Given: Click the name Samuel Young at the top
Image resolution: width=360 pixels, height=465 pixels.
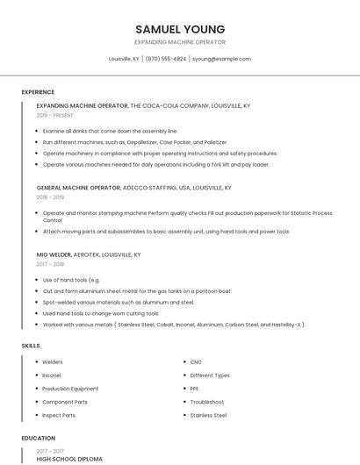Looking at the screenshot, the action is [180, 29].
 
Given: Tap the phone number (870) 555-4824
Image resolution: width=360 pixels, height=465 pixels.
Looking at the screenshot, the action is [166, 59].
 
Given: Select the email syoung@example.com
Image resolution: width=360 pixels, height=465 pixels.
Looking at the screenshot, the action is [221, 59].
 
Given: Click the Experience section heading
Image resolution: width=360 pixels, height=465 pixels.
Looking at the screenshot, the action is [38, 92].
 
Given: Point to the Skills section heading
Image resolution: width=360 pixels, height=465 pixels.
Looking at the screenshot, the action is [31, 346].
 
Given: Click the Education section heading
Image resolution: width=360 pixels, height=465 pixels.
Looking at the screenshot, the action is [38, 438].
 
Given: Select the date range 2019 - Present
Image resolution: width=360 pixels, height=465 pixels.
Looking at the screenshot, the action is [55, 115].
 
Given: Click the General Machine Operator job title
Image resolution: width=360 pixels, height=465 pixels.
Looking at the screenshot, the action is [78, 188].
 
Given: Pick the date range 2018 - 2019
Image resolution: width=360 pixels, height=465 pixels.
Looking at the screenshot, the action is [51, 197].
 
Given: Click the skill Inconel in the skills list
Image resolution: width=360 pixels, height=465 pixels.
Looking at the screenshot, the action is [53, 376].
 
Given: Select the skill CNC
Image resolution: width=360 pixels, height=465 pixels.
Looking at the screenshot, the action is [196, 361].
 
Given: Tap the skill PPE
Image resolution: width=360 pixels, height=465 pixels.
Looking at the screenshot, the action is [195, 389].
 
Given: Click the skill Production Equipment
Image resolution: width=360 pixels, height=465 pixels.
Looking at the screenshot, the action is [70, 389].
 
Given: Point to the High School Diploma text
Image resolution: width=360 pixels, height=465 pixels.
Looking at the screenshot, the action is [69, 459].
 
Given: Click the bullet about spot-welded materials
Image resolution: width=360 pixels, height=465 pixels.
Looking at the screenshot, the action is [119, 302].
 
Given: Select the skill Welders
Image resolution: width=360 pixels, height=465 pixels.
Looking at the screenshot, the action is [53, 361].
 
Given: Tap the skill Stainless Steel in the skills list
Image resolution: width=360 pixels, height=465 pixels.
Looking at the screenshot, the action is [208, 415].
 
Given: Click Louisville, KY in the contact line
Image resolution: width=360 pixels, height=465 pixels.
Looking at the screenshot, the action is [124, 59].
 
